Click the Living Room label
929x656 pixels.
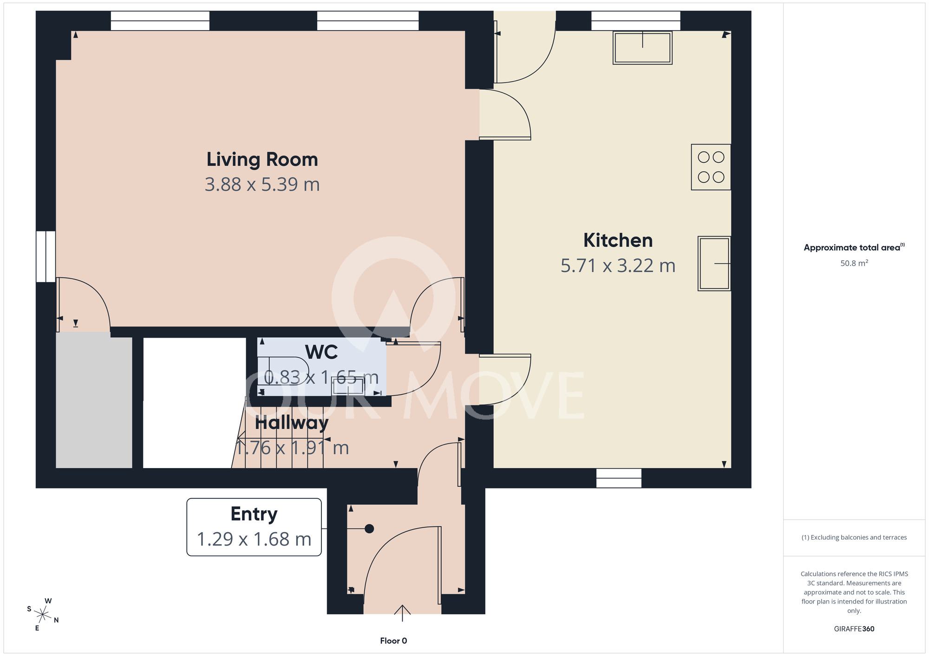click(262, 160)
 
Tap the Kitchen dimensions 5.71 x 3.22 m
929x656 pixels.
click(618, 265)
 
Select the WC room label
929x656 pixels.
click(321, 352)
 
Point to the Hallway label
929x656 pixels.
click(292, 423)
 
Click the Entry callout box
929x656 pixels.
click(254, 527)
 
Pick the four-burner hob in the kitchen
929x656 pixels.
click(711, 167)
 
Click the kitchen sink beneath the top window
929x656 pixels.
click(642, 47)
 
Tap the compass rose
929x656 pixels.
click(43, 615)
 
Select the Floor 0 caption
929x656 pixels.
click(393, 641)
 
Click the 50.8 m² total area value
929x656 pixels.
click(854, 263)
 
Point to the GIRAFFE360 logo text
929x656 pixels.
click(854, 629)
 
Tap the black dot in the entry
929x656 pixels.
click(369, 528)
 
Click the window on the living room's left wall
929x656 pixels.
click(46, 257)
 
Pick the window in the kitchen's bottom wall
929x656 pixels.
click(619, 478)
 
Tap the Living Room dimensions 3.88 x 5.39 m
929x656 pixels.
click(262, 185)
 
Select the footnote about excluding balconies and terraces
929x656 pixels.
click(854, 537)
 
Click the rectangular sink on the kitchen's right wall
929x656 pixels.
click(714, 264)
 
